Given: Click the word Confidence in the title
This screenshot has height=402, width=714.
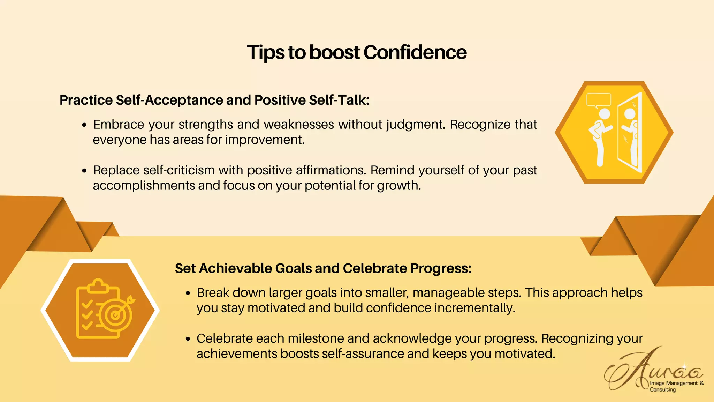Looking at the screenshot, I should coord(415,52).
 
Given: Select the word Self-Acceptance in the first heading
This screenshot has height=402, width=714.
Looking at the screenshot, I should coord(169,100).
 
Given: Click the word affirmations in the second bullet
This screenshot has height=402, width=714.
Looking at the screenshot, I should coord(331,170).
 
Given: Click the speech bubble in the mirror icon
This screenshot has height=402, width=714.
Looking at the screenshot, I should coord(599,100).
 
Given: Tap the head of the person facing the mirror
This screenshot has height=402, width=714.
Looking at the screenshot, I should coord(604,114).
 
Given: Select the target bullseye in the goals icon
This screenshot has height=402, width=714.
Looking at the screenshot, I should coord(115,315).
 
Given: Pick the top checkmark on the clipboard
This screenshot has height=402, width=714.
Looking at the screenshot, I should coord(87,304).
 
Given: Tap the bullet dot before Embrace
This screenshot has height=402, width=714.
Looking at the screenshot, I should coord(84,125).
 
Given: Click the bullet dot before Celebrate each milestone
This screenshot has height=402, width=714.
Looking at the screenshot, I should coord(188,339).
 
